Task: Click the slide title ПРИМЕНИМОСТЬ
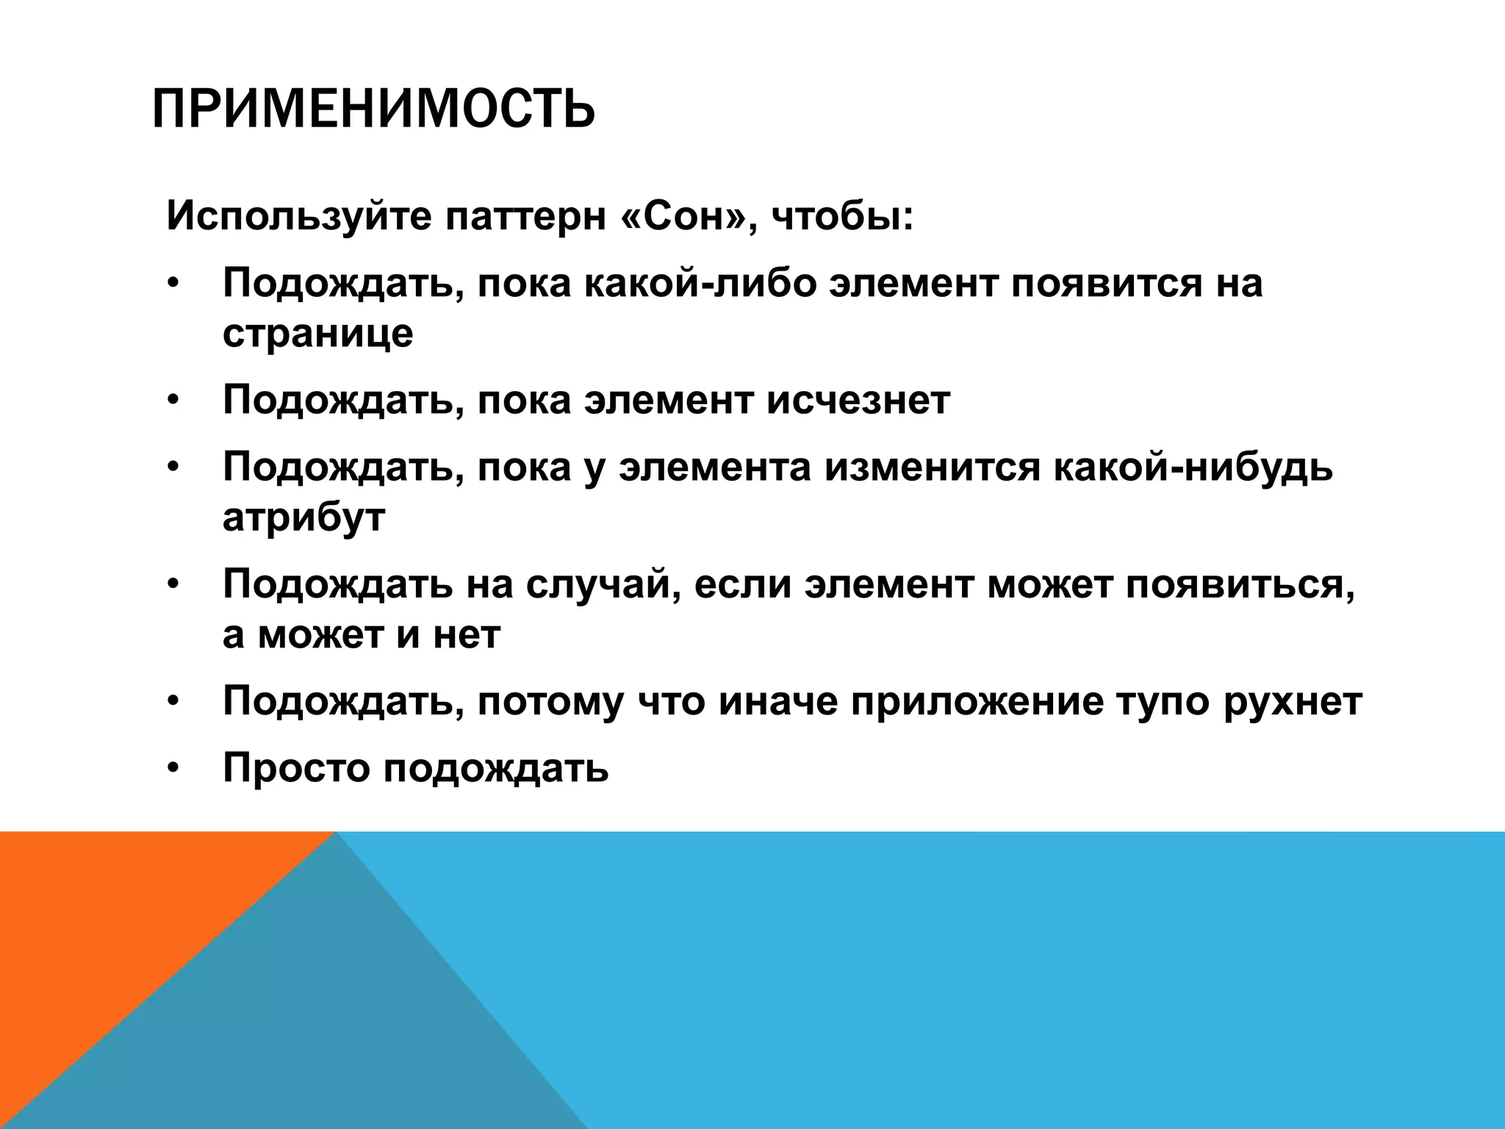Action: [x=373, y=109]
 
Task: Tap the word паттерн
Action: [x=526, y=216]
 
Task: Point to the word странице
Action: [x=317, y=334]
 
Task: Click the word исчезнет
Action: [x=858, y=400]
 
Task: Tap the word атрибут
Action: [x=303, y=517]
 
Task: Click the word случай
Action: [x=603, y=584]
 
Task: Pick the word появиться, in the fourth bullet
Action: [x=1240, y=584]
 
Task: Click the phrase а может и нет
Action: [x=362, y=634]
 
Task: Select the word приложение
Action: [x=977, y=701]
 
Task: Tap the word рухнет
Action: [x=1293, y=701]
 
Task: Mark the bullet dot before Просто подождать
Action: [x=172, y=769]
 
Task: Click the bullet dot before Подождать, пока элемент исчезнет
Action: [x=172, y=401]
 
